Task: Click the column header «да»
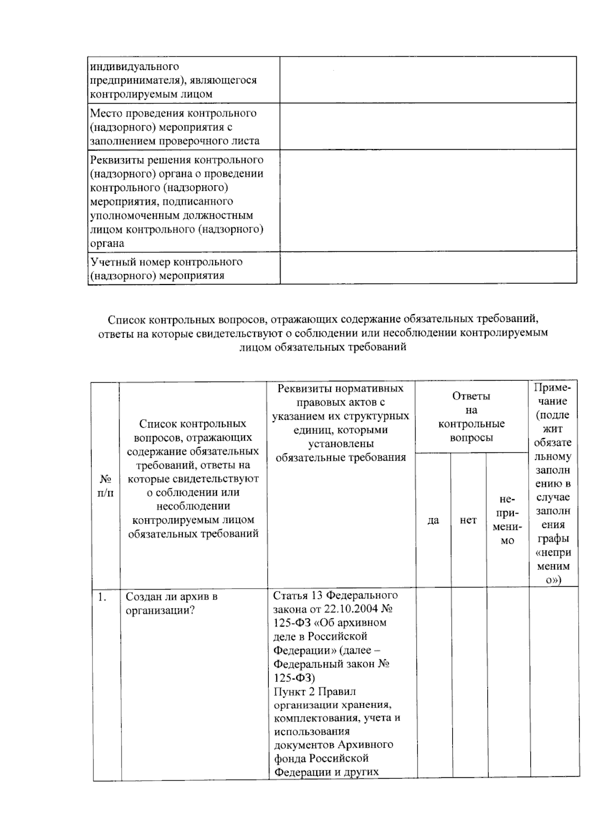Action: tap(433, 520)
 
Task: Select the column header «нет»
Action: tap(468, 520)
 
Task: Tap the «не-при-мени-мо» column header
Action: tap(507, 519)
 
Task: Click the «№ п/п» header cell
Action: tap(105, 486)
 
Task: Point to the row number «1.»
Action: tap(102, 597)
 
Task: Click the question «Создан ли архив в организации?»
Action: tap(171, 603)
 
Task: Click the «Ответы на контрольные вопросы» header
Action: tap(471, 417)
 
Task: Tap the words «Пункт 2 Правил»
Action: tap(314, 691)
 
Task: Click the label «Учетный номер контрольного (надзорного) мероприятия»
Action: tap(166, 268)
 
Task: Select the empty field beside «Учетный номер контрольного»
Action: tap(427, 268)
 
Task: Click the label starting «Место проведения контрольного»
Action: tap(174, 127)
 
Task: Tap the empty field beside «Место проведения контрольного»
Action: tap(427, 126)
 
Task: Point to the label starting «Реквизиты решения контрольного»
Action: tap(177, 201)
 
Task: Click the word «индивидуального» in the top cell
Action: tap(134, 66)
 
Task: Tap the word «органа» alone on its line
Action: tap(107, 243)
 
